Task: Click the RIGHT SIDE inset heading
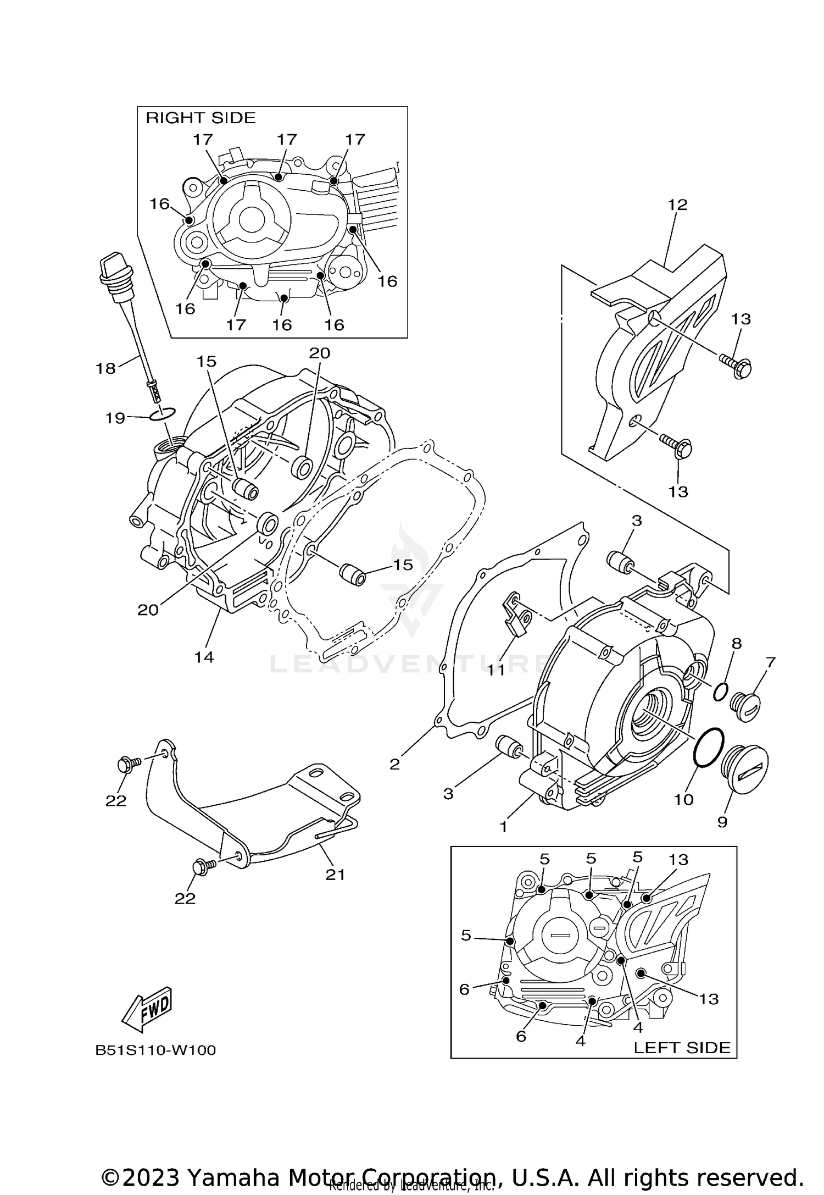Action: coord(201,118)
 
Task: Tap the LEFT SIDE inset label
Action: coord(682,1048)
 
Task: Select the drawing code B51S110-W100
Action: coord(155,1050)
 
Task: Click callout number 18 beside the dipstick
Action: coord(105,368)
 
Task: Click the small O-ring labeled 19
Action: coord(163,414)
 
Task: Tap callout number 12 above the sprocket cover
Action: coord(677,205)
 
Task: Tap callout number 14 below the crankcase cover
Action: coord(204,657)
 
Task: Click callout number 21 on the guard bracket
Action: coord(335,874)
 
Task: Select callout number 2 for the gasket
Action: coord(394,764)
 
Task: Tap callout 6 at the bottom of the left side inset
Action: coord(521,1036)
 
